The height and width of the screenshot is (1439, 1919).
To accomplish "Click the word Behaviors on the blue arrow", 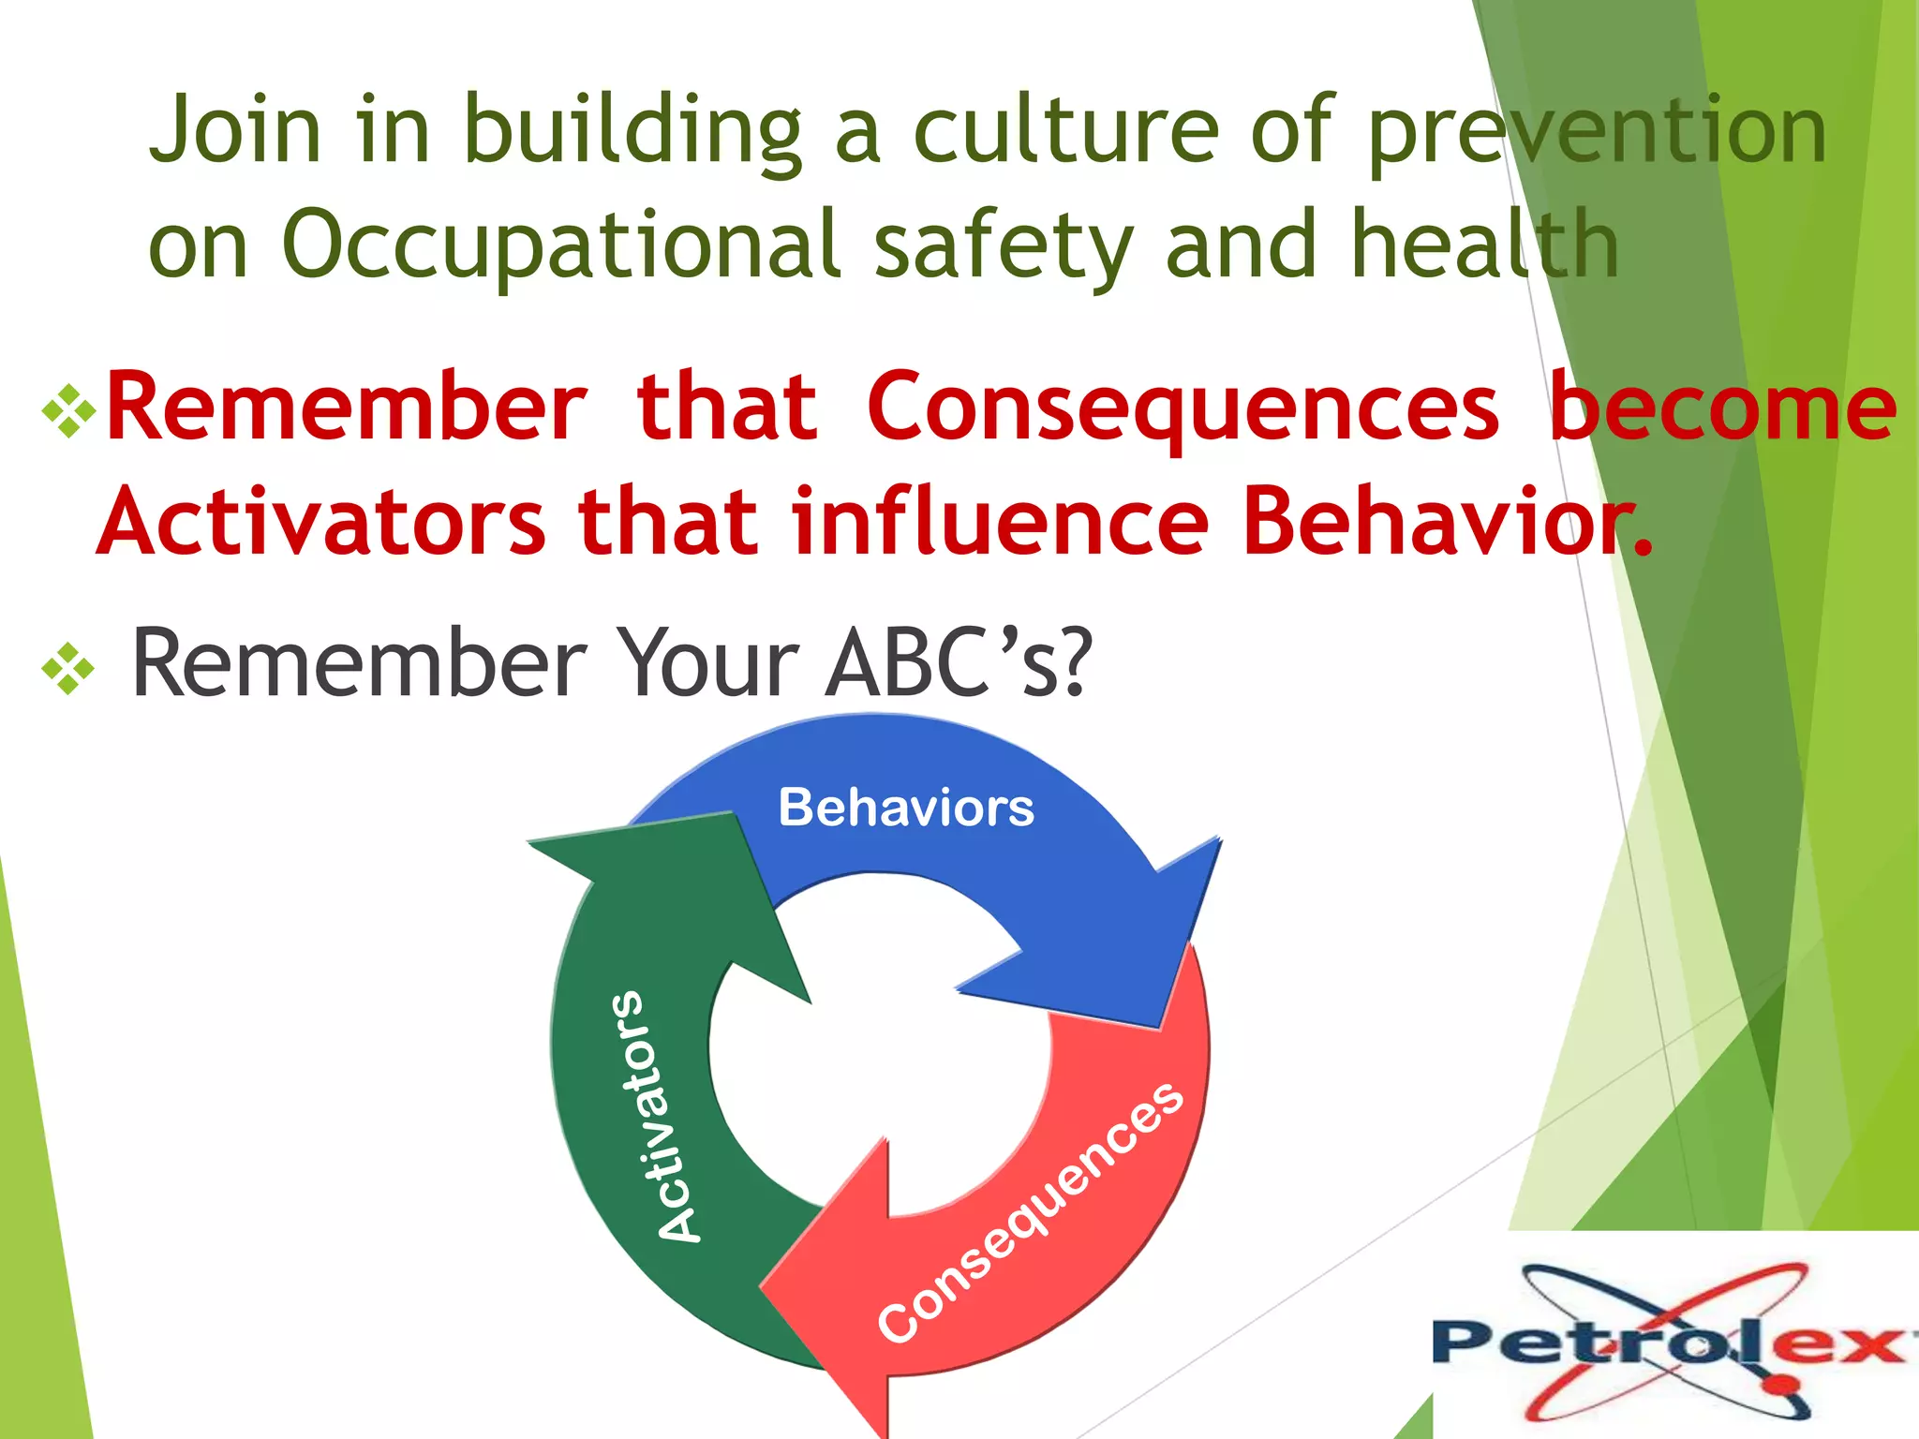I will click(x=905, y=808).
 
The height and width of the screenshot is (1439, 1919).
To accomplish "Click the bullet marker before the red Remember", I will click(x=68, y=410).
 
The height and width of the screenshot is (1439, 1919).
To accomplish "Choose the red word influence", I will click(x=1000, y=522).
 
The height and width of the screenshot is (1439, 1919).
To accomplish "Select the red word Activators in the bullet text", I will click(x=321, y=522).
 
